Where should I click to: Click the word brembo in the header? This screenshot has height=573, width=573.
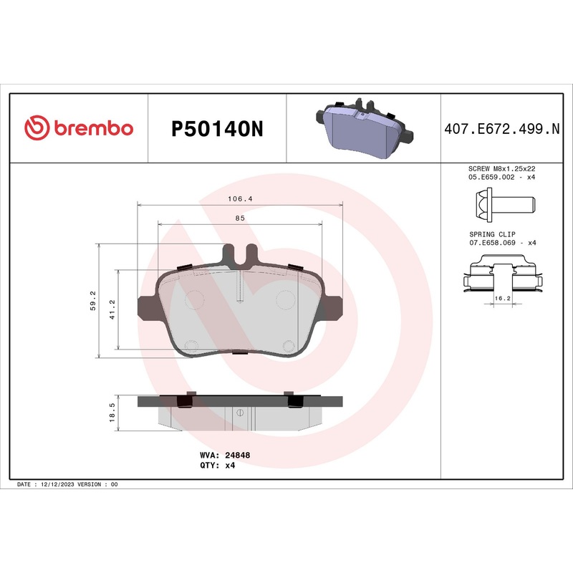[x=91, y=128]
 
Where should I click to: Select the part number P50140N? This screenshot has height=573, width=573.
[x=217, y=129]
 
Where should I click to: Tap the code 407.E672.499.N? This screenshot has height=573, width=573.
[x=501, y=129]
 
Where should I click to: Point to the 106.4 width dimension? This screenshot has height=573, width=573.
[x=240, y=198]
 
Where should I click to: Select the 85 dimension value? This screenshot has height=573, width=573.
[x=240, y=218]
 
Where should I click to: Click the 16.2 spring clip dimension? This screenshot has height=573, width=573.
[x=502, y=297]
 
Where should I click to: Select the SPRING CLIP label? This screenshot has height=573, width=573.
[x=491, y=234]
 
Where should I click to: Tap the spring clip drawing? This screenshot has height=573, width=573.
[x=502, y=276]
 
